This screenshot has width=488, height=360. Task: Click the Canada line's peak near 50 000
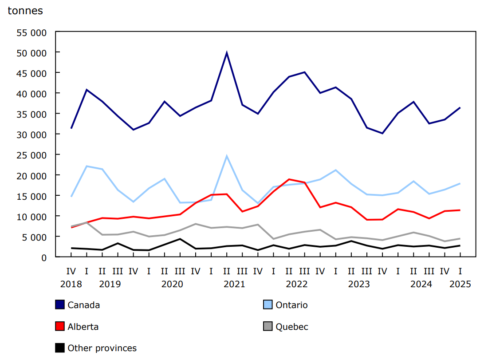point(227,53)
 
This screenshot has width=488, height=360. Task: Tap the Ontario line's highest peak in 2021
point(227,156)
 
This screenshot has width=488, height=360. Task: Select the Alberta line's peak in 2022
point(289,179)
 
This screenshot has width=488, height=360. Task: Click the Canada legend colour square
point(60,305)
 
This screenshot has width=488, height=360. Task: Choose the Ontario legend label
point(291,305)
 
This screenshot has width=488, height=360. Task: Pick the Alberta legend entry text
point(83,327)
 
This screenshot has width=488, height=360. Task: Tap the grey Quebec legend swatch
point(268,327)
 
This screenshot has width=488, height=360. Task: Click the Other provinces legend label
point(102,348)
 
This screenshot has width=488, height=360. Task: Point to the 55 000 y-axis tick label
point(31,32)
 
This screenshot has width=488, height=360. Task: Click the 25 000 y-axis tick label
point(31,155)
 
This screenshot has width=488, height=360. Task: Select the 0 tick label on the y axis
point(43,257)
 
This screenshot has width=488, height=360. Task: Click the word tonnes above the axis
point(25,11)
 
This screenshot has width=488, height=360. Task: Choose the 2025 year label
point(460,284)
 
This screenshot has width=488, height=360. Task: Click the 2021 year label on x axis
point(234,284)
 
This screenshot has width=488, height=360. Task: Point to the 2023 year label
point(359,284)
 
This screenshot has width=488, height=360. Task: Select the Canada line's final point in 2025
point(460,107)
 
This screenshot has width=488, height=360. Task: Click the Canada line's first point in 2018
point(71,128)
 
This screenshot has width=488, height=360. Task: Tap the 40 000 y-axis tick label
point(31,94)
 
